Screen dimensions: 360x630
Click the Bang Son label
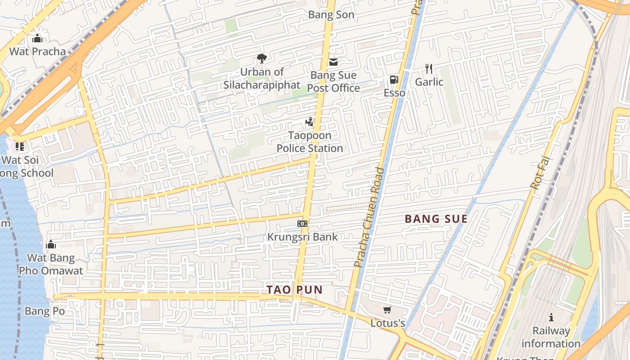pos(331,15)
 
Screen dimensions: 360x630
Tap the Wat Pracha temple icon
pos(37,38)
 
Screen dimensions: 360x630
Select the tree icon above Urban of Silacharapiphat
pos(261,58)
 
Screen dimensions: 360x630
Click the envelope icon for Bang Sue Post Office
pos(333,62)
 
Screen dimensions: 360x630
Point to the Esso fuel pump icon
pos(394,80)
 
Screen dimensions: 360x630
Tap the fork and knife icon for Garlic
pos(429,69)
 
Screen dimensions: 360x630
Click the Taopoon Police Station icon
pos(309,122)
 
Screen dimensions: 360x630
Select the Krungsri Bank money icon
pos(302,224)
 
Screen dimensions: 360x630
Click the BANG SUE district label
pos(436,219)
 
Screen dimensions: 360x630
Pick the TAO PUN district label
pos(295,290)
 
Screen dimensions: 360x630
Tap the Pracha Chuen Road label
pos(369,217)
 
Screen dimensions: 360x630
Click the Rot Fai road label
pos(540,172)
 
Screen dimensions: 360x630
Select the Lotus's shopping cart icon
pos(387,310)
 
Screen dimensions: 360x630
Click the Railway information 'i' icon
pos(551,317)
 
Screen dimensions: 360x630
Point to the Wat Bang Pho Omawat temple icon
pos(51,244)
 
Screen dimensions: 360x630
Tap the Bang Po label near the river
pos(45,311)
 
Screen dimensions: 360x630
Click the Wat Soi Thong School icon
pos(19,146)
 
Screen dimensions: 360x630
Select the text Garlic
pos(429,82)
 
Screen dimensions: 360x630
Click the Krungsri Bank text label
pos(302,237)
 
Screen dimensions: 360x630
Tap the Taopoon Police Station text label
pos(310,142)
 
